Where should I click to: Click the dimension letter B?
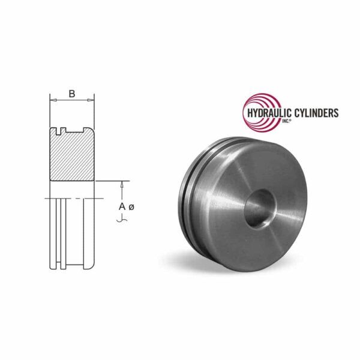pyautogui.click(x=72, y=93)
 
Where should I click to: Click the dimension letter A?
pyautogui.click(x=122, y=206)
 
